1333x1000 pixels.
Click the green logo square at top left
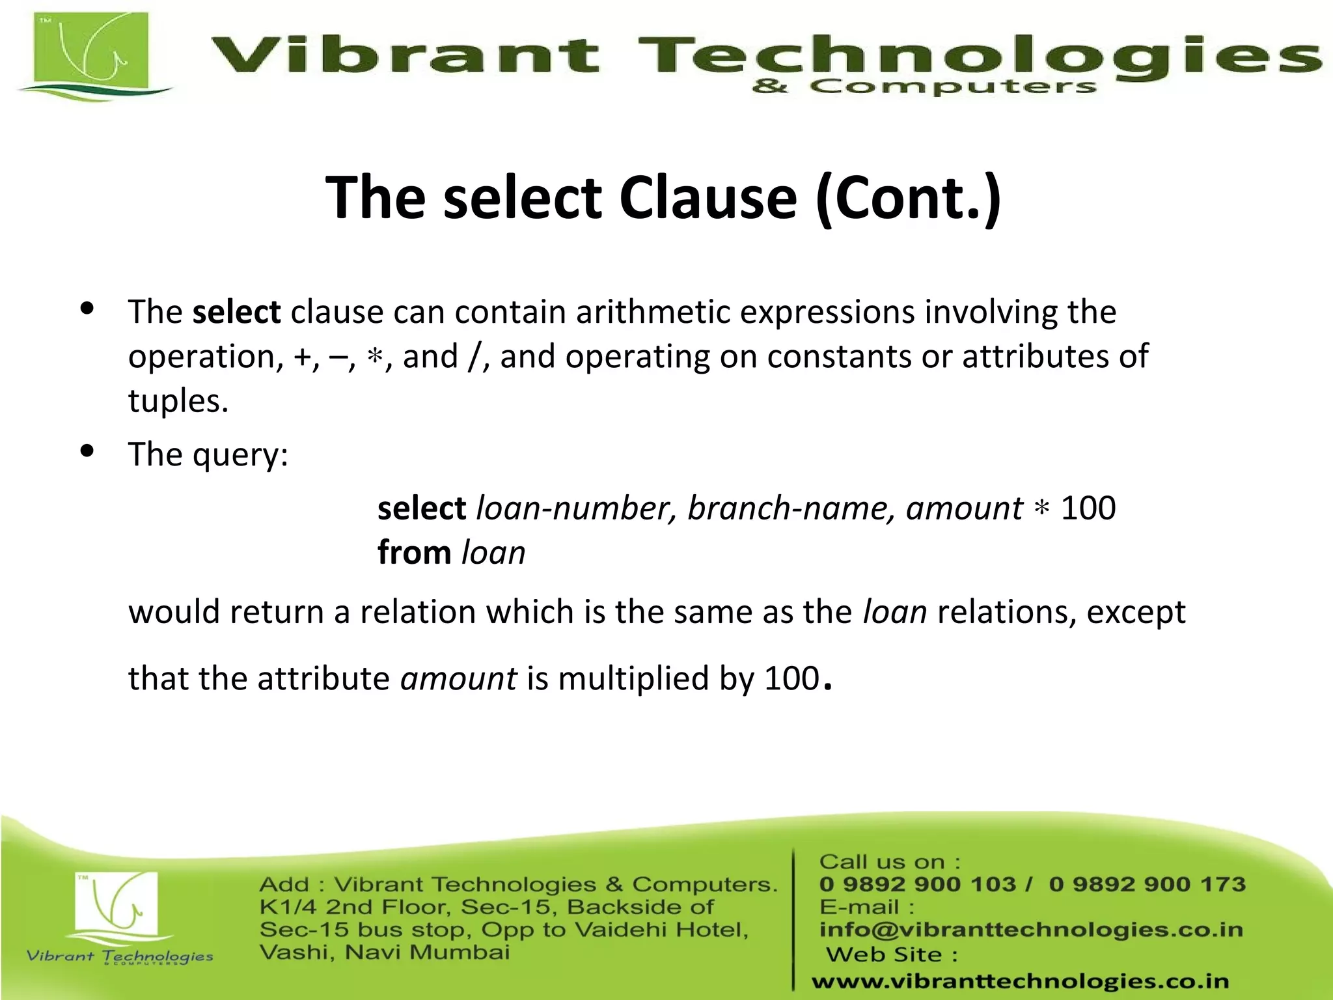pos(91,52)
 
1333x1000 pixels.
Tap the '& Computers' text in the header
pos(924,87)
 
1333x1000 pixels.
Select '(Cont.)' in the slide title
pos(908,199)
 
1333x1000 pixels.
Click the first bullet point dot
pos(87,309)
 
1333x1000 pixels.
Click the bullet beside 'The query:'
pos(87,451)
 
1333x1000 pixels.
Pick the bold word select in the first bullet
pos(236,312)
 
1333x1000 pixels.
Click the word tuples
pos(177,400)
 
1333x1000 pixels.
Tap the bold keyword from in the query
pos(414,553)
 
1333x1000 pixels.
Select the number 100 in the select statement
pos(1088,508)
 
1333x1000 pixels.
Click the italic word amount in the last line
pos(459,678)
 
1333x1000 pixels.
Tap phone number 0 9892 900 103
pos(917,884)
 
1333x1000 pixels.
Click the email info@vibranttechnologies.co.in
pos(1031,930)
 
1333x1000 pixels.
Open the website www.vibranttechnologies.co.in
pos(1020,981)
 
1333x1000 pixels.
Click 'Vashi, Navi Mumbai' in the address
pos(384,952)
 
